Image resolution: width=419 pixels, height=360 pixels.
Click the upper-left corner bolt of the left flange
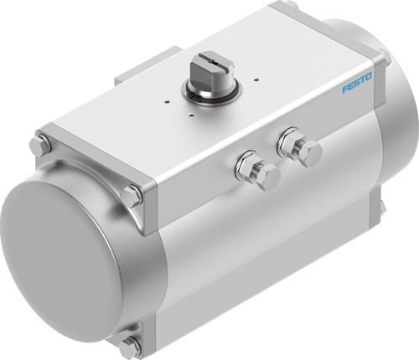click(x=39, y=144)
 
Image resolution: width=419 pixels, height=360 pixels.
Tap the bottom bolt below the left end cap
click(x=130, y=345)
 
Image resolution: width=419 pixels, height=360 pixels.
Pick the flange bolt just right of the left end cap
click(x=132, y=198)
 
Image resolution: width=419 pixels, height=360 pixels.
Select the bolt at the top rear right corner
click(x=288, y=7)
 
